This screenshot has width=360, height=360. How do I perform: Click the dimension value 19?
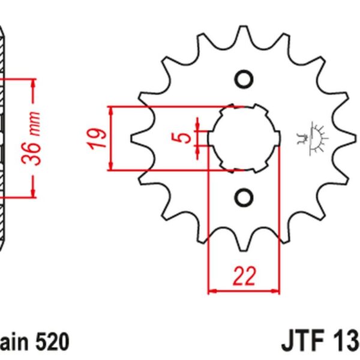[x=101, y=139]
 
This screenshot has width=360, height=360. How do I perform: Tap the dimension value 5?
[x=187, y=137]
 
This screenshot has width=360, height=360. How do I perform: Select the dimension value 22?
[x=244, y=275]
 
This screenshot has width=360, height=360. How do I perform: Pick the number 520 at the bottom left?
[x=51, y=342]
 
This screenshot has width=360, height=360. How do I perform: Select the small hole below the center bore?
[x=244, y=196]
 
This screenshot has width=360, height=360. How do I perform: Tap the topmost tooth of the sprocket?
[x=243, y=33]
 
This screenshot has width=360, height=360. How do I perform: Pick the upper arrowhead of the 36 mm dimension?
[x=34, y=83]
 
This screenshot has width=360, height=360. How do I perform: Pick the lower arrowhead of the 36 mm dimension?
[x=34, y=192]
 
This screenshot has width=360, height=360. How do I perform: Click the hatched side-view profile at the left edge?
[x=5, y=138]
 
